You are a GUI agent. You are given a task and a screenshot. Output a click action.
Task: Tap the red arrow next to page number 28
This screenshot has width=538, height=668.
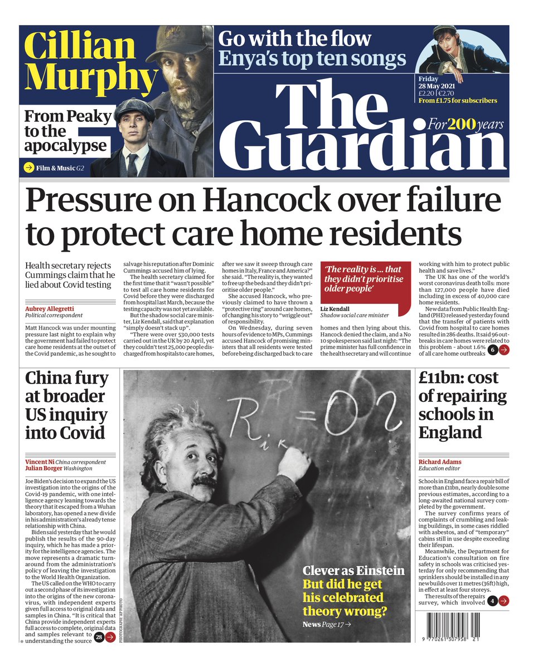(110, 637)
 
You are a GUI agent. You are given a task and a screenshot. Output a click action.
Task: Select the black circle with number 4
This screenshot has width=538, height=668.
(492, 601)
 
